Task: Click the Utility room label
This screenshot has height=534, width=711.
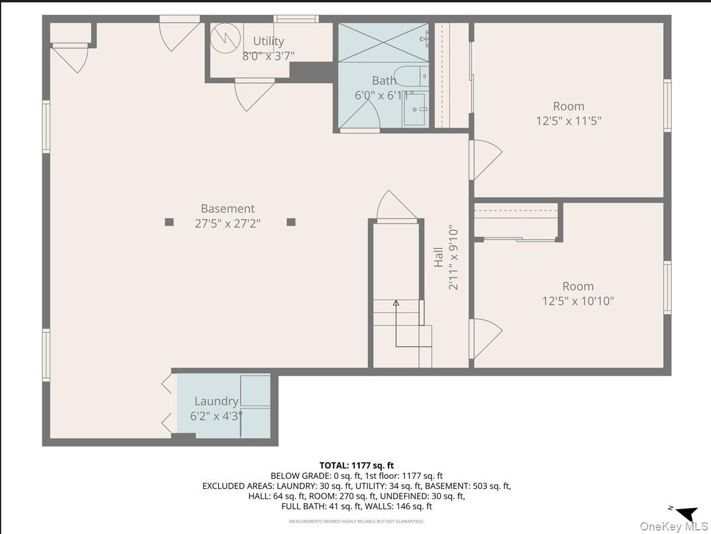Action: pos(268,41)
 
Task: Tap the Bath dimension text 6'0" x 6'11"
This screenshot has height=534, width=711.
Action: pos(384,95)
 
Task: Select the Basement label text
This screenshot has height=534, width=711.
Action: pos(228,209)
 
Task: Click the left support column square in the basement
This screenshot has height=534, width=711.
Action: pos(169,222)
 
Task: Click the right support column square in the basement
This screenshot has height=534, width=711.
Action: pos(291,222)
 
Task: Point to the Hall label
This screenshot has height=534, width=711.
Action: pos(438,257)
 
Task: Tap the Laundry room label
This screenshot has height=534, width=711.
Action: pos(216,401)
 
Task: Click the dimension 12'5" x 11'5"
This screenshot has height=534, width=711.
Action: pos(569,121)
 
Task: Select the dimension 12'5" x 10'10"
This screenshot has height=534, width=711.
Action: pos(578,301)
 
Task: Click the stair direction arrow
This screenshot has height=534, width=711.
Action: pos(396,303)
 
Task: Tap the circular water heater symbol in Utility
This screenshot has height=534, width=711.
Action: pos(224,37)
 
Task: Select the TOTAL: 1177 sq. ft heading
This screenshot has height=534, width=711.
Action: pos(356,466)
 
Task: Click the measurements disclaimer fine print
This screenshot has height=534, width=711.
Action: pos(356,522)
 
